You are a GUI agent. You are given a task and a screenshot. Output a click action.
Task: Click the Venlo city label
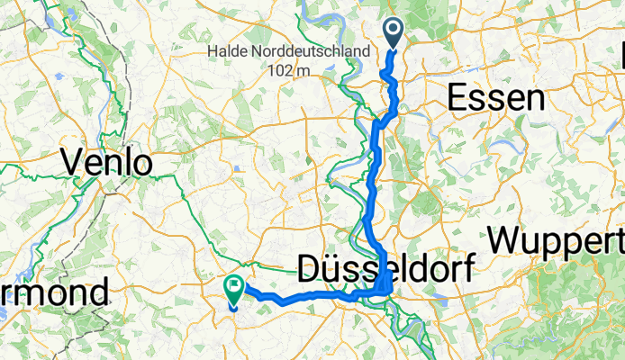(106, 163)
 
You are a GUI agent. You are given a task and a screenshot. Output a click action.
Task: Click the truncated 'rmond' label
(54, 292)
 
